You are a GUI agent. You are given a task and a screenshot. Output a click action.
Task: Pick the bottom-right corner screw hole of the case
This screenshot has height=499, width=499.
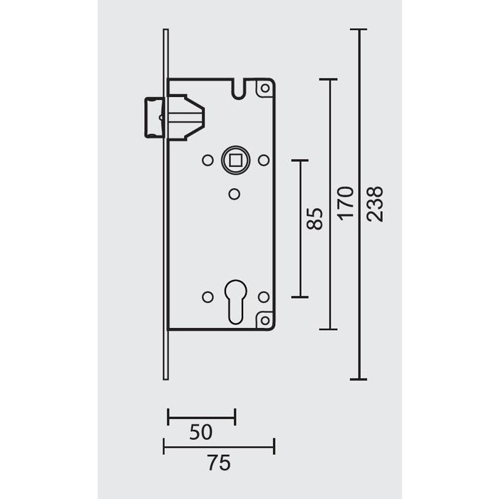coord(264,320)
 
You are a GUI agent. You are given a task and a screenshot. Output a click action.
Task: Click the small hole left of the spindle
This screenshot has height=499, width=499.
coord(207,160)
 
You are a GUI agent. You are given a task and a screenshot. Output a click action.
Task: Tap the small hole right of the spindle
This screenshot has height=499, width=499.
coord(262,160)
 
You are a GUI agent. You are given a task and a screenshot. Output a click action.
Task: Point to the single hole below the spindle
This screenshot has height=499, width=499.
coord(234,193)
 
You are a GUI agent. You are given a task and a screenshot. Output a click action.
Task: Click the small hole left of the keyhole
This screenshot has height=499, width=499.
coord(207,296)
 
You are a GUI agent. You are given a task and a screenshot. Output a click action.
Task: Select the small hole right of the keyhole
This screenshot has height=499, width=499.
coord(262,296)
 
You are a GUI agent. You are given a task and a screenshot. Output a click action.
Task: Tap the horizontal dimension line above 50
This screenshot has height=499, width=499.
coord(201,416)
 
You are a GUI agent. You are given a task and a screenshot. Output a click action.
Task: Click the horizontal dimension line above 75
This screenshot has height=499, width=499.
coord(219,447)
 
